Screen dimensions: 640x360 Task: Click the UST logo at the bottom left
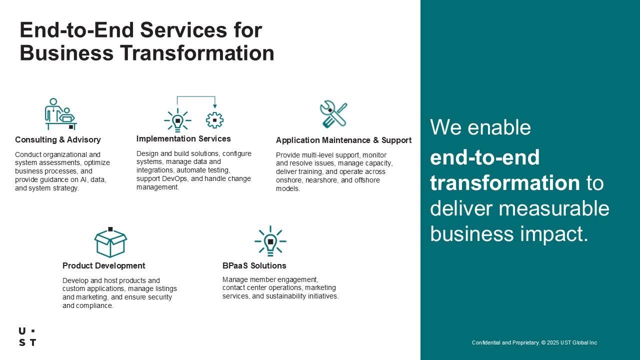[x=27, y=336]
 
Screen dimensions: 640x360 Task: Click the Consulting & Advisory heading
[x=57, y=139]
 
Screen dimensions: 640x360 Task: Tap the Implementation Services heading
[x=183, y=138]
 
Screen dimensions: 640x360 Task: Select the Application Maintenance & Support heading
[x=343, y=140]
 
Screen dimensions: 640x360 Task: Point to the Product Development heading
[x=103, y=265]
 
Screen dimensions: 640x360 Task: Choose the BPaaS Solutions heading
[x=254, y=265]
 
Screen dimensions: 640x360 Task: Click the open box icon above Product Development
[x=110, y=242]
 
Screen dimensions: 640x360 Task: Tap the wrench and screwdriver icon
[x=333, y=113]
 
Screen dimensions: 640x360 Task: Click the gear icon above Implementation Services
[x=214, y=120]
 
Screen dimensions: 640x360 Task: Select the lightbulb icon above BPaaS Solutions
[x=270, y=241]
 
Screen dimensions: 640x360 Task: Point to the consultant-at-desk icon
[x=61, y=114]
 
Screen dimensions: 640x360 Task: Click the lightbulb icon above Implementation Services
[x=177, y=120]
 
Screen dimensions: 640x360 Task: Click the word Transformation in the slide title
[x=197, y=53]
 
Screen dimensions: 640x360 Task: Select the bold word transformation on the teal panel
[x=505, y=183]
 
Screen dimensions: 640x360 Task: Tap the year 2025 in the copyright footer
[x=553, y=342]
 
